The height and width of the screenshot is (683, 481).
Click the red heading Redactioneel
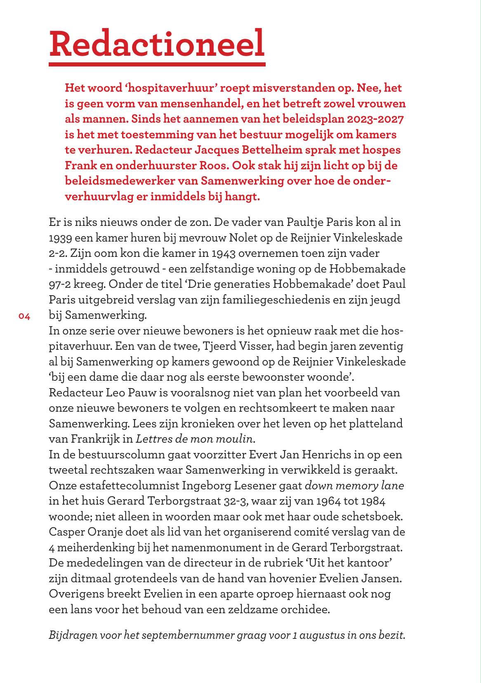coord(157,44)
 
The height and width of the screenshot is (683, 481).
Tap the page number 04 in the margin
coord(24,317)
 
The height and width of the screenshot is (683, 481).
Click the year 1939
coord(61,238)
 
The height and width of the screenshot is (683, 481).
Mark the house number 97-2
coord(61,285)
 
